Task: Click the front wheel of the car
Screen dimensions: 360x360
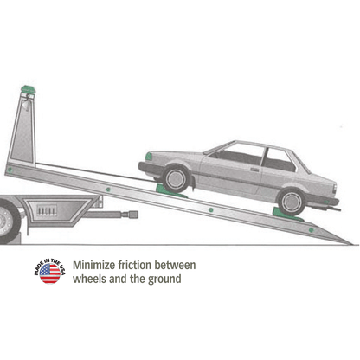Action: (x=176, y=179)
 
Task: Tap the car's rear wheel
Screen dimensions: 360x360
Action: (x=292, y=202)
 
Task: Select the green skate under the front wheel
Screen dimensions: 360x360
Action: (x=170, y=191)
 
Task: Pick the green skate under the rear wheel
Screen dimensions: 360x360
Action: (x=286, y=215)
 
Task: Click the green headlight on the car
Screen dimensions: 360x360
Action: (x=149, y=156)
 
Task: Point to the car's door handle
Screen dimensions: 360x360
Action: (x=254, y=170)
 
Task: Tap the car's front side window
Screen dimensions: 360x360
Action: (x=238, y=154)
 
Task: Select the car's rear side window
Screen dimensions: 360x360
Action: (x=279, y=160)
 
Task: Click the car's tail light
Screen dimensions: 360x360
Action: (x=334, y=189)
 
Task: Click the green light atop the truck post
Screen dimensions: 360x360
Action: (x=28, y=89)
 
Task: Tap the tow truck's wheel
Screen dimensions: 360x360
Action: (x=8, y=222)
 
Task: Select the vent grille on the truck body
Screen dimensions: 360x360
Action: (x=46, y=210)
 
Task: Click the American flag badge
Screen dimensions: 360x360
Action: (x=49, y=272)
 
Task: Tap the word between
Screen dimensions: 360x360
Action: (x=175, y=265)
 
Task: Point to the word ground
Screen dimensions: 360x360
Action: (x=164, y=280)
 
